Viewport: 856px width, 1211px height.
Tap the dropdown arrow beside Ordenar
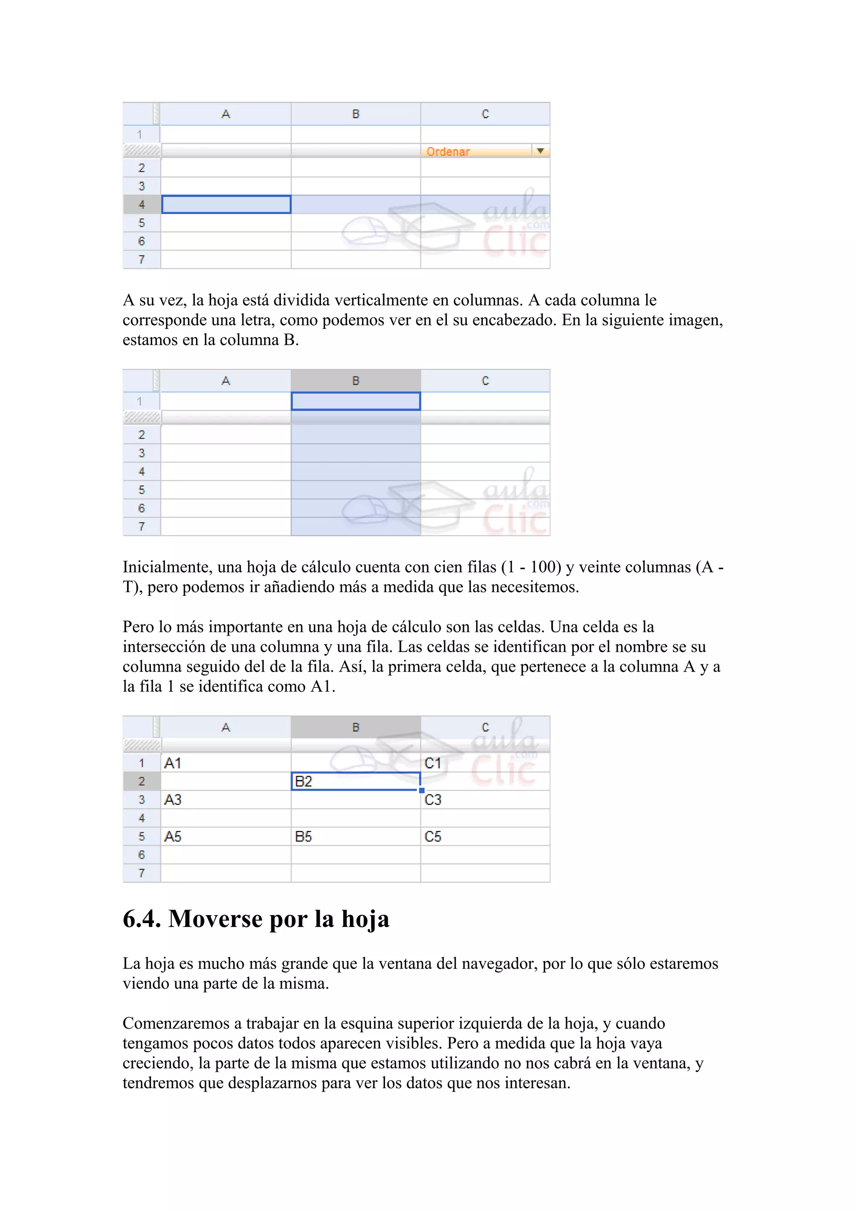pos(540,151)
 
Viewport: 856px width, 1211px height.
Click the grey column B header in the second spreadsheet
pos(355,381)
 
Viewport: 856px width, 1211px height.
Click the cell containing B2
pos(355,781)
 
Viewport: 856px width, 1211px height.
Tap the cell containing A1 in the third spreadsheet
pos(226,763)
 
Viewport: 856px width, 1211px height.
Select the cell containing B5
pos(355,837)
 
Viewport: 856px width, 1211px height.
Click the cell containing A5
pos(226,837)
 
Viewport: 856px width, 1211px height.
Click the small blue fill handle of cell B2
pos(421,790)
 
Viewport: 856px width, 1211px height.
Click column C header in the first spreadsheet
pos(485,114)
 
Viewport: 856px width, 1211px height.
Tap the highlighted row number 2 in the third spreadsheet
pos(141,781)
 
